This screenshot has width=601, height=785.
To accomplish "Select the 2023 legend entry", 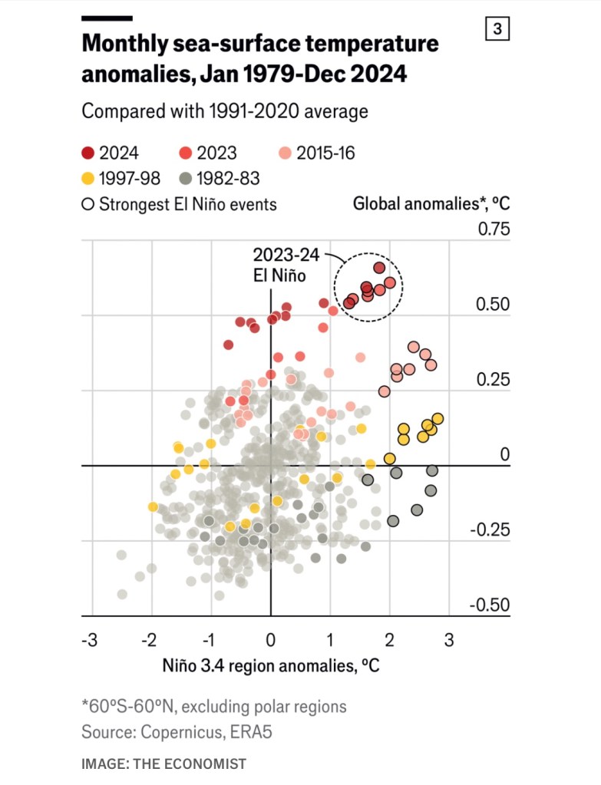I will click(206, 153).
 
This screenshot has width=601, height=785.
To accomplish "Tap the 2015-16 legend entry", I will click(316, 153).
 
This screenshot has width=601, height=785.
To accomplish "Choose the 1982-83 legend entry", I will click(219, 179).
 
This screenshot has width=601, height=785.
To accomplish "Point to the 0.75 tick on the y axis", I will click(494, 229).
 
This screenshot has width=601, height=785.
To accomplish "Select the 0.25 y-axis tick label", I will click(494, 379).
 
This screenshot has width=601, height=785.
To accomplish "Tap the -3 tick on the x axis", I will click(90, 639).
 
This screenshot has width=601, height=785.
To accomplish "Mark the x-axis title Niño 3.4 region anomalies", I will click(270, 665).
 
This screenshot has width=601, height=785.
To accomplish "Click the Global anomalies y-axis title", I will click(431, 204).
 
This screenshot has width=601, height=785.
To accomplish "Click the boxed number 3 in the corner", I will click(497, 29).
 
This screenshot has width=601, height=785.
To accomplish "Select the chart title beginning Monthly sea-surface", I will click(260, 57).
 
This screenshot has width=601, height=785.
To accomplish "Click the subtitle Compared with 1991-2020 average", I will click(225, 110).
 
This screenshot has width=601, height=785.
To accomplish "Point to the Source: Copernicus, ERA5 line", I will click(177, 732).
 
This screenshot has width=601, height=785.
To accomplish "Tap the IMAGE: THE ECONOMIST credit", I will click(163, 764).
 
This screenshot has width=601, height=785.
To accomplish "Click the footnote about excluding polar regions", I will click(214, 706).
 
